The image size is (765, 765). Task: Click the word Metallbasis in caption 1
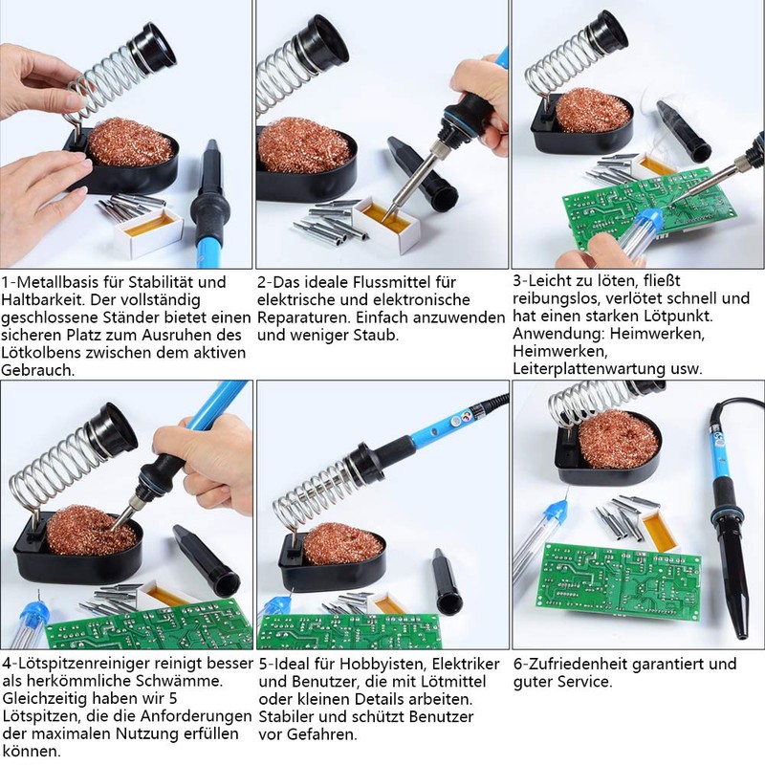tap(58, 282)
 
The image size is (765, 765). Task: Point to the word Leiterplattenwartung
tap(588, 369)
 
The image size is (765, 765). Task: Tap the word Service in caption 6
tap(584, 682)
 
